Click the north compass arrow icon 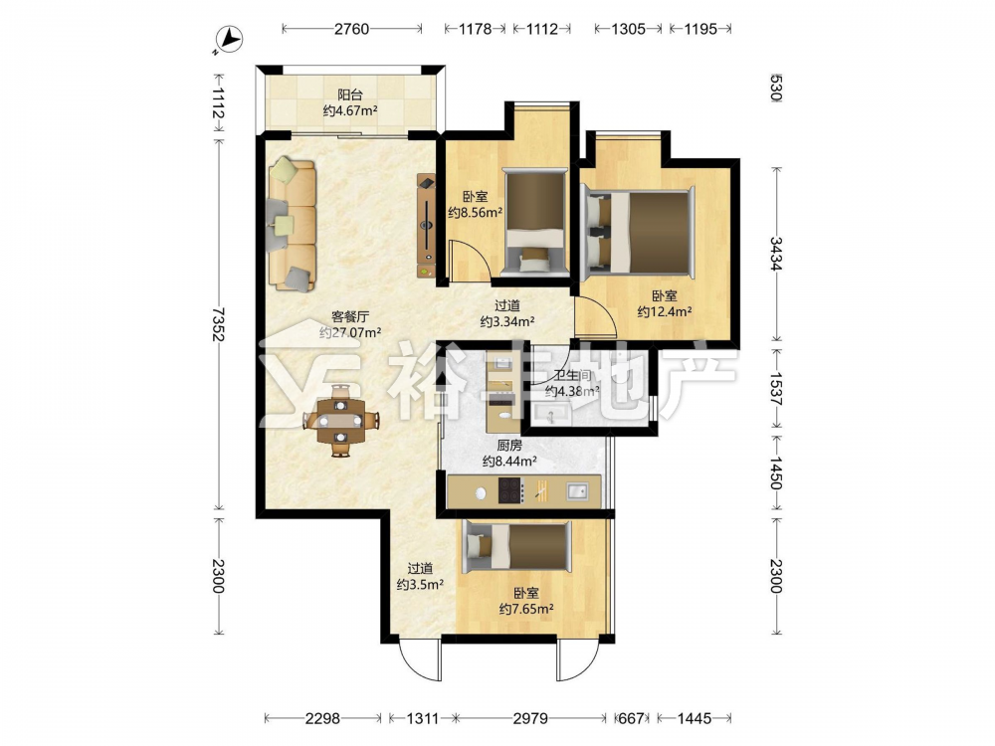click(229, 41)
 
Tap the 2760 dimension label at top click(351, 29)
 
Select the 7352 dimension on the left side click(218, 324)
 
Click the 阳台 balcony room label click(349, 95)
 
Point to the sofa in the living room click(293, 225)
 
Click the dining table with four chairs click(340, 420)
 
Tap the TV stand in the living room click(427, 226)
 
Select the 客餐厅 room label click(350, 316)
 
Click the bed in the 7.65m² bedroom click(517, 546)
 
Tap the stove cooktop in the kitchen click(510, 490)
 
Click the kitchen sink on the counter click(577, 490)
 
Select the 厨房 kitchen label click(509, 446)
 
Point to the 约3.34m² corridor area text click(507, 321)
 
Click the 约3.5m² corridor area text click(420, 584)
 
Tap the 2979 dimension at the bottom click(530, 718)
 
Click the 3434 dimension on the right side click(776, 253)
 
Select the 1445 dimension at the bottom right click(695, 718)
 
